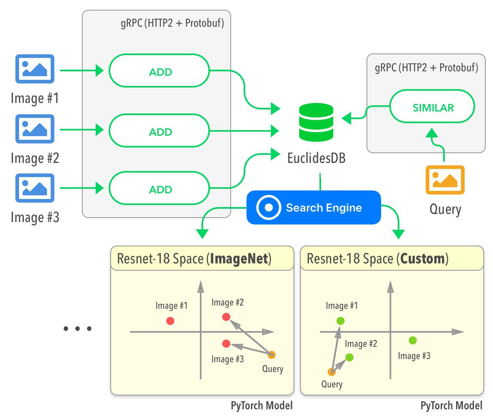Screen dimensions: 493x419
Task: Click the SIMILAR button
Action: coord(432,106)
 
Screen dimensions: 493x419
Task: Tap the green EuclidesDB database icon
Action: coord(316,122)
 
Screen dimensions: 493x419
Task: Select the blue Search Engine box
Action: coord(314,207)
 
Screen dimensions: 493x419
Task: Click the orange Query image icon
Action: coord(445,180)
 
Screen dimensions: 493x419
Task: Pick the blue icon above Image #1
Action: coord(35,69)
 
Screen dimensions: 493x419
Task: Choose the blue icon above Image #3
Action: coord(35,188)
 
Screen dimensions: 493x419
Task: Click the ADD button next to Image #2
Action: coord(159,130)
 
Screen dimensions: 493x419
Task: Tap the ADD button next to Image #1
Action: coord(159,71)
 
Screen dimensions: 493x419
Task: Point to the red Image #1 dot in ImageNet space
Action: coord(170,321)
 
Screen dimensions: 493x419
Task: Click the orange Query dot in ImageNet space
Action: coord(272,355)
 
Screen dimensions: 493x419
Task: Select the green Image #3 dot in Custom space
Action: coord(413,340)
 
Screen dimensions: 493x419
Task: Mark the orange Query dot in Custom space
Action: coord(332,372)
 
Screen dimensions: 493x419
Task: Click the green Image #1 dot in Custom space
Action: coord(340,321)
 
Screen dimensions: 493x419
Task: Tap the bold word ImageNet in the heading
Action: coord(239,259)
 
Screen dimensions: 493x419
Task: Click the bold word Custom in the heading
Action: coord(422,259)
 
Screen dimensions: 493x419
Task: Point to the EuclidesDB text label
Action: coord(317,158)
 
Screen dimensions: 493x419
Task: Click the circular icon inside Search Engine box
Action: coord(268,207)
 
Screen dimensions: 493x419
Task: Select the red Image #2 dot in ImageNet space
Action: coord(226,317)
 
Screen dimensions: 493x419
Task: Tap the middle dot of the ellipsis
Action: coord(77,329)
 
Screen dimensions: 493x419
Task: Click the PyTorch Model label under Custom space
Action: coord(451,405)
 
